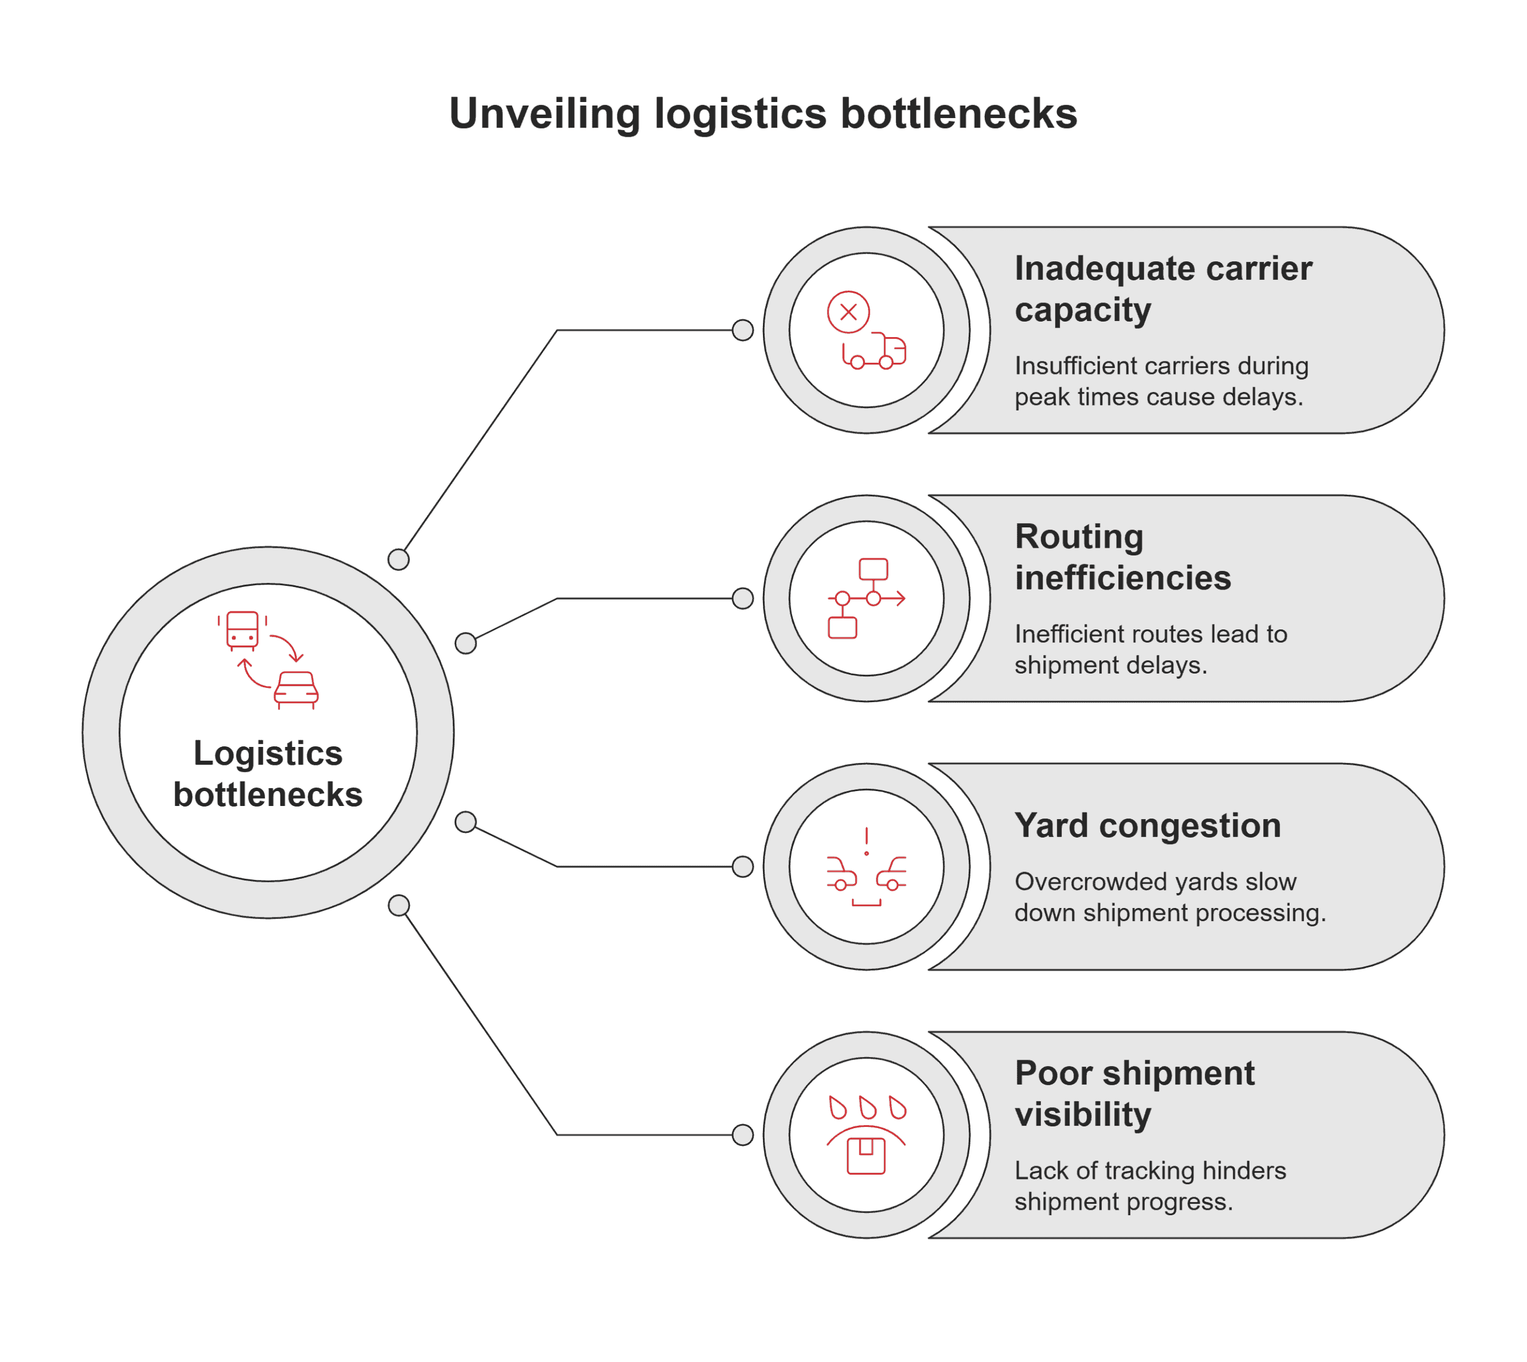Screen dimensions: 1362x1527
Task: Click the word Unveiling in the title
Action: (x=544, y=114)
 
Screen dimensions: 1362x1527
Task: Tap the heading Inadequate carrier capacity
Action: (x=1162, y=289)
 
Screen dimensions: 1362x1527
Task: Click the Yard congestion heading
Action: (x=1147, y=826)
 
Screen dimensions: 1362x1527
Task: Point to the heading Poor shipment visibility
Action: (x=1133, y=1094)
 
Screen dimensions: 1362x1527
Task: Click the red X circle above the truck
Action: (x=848, y=312)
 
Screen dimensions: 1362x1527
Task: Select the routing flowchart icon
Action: (x=865, y=598)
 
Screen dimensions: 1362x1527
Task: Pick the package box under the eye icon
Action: (x=865, y=1156)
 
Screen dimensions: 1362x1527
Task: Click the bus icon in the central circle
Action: (x=242, y=630)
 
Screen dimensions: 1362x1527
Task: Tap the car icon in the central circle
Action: (x=296, y=689)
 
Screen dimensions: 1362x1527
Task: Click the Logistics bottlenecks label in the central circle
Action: (x=268, y=774)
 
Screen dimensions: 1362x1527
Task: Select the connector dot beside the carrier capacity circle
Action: (x=742, y=330)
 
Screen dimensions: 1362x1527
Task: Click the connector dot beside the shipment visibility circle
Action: (x=742, y=1135)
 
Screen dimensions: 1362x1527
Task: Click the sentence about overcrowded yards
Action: (x=1169, y=897)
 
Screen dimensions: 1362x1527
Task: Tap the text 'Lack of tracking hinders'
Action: (x=1149, y=1170)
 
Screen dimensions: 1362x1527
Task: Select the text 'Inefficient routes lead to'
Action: (x=1150, y=634)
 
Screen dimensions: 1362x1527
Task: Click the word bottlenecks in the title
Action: (x=959, y=114)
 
